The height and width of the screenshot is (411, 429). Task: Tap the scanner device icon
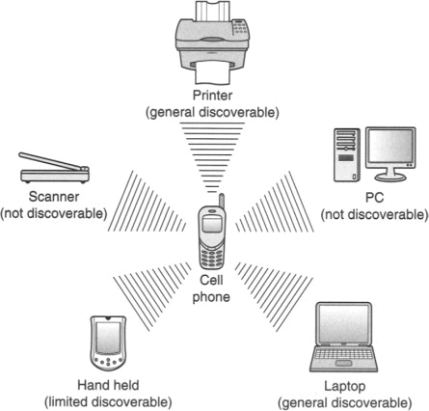[x=54, y=168]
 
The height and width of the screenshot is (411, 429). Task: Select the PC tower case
[x=347, y=155]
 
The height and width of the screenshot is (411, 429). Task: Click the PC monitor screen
[x=390, y=146]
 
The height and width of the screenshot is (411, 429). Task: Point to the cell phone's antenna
[x=222, y=202]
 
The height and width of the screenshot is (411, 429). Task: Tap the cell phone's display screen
[x=212, y=223]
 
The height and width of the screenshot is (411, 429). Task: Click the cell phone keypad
[x=211, y=256]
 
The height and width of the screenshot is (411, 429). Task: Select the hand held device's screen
[x=108, y=337]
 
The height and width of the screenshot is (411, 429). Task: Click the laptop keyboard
[x=343, y=354]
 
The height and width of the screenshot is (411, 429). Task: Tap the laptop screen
[x=344, y=324]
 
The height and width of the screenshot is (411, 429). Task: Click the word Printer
[x=212, y=96]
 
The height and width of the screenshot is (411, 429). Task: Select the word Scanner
[x=54, y=197]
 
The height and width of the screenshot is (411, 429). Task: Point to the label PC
[x=375, y=198]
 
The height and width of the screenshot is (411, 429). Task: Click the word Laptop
[x=344, y=386]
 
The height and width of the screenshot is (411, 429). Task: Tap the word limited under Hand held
[x=67, y=402]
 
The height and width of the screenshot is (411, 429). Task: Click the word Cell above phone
[x=211, y=280]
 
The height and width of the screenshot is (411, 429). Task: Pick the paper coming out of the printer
[x=212, y=72]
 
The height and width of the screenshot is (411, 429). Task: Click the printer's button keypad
[x=240, y=27]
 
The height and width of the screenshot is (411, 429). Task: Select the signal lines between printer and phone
[x=212, y=157]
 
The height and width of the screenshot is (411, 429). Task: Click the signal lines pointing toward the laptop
[x=274, y=295]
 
